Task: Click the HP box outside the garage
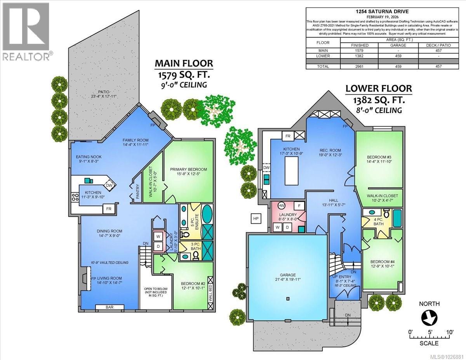pos(256,219)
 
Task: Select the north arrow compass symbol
pos(429,318)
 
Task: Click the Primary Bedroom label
pos(188,169)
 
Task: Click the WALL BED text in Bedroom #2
pos(210,293)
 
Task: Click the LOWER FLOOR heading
pos(379,89)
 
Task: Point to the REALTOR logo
pos(26,31)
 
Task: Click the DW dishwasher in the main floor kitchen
pos(110,185)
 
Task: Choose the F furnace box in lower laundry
pos(299,206)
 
